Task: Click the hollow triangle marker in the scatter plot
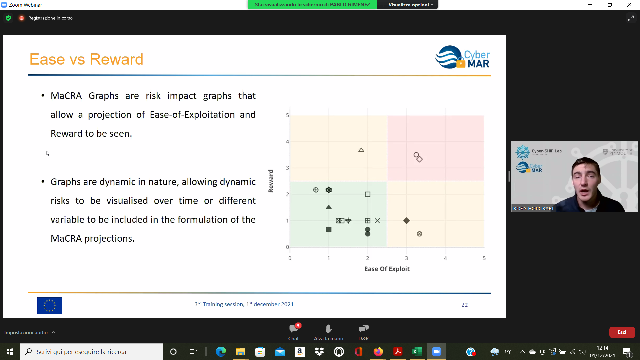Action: coord(361,150)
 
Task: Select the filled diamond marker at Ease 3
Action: coord(406,221)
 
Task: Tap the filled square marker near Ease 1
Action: coord(329,229)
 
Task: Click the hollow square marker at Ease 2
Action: coord(368,194)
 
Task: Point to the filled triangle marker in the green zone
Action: coord(329,207)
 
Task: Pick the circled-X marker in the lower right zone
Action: coord(419,234)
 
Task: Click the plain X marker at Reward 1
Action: coord(377,221)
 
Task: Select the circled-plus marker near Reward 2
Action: coord(316,190)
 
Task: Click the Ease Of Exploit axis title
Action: coord(387,269)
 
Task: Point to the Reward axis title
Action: coord(271,181)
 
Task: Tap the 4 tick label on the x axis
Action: coord(445,258)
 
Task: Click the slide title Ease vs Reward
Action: coord(86,59)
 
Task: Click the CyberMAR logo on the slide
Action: coord(463,57)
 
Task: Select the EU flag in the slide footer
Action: coord(50,305)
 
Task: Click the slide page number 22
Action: coord(464,305)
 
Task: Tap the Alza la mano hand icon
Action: coord(329,329)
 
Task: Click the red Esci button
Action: coord(622,332)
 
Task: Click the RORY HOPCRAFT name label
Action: coord(533,209)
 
